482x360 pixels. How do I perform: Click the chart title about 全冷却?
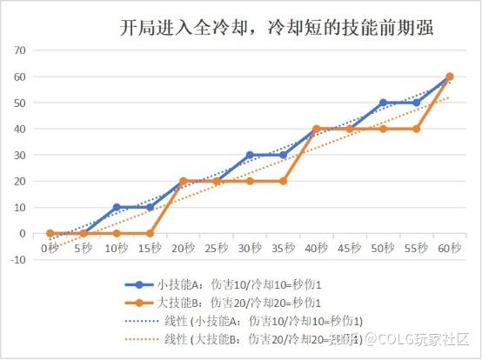pyautogui.click(x=276, y=28)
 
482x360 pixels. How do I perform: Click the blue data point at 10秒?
pyautogui.click(x=117, y=208)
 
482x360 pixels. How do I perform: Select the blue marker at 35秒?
pyautogui.click(x=283, y=155)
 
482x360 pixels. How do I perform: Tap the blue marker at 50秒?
pyautogui.click(x=383, y=103)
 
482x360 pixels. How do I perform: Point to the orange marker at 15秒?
pyautogui.click(x=150, y=234)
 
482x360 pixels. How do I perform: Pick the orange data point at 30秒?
pyautogui.click(x=250, y=181)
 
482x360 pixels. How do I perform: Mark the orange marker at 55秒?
pyautogui.click(x=417, y=129)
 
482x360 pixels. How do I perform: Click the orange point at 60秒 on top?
pyautogui.click(x=450, y=77)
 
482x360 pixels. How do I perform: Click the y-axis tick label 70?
pyautogui.click(x=19, y=50)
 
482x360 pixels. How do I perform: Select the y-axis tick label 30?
pyautogui.click(x=19, y=156)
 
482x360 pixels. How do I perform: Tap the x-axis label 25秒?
pyautogui.click(x=216, y=248)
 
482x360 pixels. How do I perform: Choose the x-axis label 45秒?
pyautogui.click(x=350, y=248)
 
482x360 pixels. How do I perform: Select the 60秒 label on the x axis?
pyautogui.click(x=450, y=248)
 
